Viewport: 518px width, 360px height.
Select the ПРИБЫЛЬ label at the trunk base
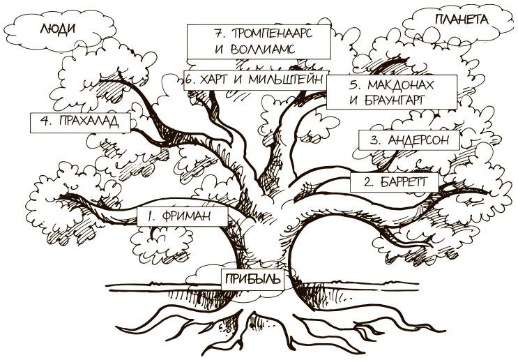click(x=252, y=280)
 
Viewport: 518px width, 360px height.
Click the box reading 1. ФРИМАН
click(x=183, y=216)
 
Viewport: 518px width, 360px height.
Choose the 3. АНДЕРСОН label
click(x=409, y=140)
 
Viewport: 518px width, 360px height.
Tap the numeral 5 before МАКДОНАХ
click(x=353, y=85)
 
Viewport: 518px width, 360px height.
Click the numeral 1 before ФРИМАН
click(x=149, y=216)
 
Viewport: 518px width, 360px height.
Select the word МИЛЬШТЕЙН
click(x=287, y=80)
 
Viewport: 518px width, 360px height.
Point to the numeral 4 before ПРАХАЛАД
click(x=44, y=121)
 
